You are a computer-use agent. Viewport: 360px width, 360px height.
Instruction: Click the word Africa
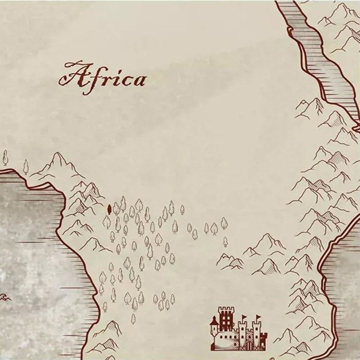click(x=103, y=76)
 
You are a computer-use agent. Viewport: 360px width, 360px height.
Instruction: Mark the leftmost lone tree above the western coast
click(x=5, y=157)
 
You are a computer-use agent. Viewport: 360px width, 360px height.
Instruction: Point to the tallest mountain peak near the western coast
click(x=58, y=156)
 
